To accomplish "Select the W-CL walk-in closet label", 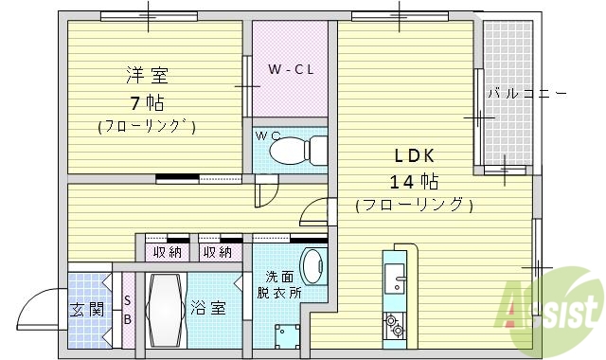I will coord(290,69).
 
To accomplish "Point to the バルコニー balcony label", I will coord(526,94).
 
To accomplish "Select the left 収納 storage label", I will coord(167,252).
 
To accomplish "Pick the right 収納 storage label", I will coord(217,252).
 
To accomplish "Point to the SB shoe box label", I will coord(128,310).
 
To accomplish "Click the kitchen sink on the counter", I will coord(394,279).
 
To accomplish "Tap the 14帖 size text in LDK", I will coord(413,181).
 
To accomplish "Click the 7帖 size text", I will coord(147,102).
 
